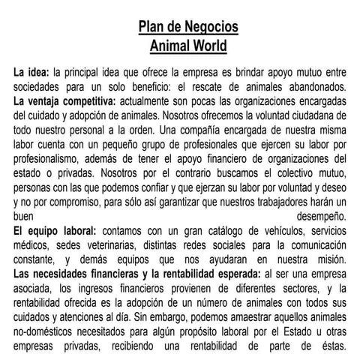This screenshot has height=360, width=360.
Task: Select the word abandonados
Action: (x=311, y=87)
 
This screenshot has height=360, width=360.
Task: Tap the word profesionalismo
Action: (x=51, y=159)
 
